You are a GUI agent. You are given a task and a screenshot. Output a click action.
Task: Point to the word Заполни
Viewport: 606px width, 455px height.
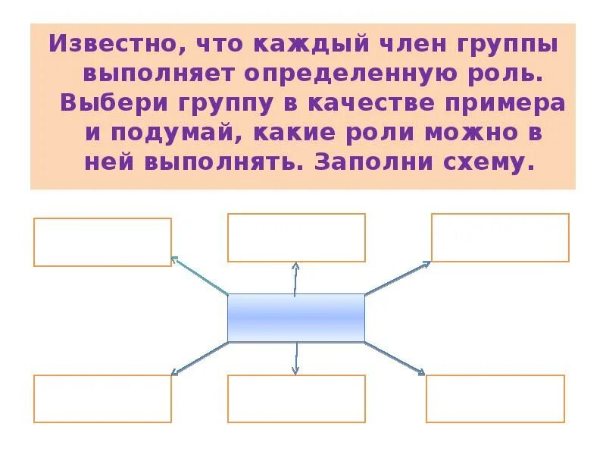tap(364, 162)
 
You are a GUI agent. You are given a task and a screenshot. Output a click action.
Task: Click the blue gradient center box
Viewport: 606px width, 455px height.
tap(296, 318)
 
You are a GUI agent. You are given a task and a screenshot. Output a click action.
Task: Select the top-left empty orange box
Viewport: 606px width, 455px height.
tap(102, 242)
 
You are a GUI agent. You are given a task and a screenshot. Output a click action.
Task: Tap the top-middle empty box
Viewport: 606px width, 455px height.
tap(296, 237)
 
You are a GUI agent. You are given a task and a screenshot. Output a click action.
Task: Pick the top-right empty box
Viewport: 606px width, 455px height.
tap(500, 237)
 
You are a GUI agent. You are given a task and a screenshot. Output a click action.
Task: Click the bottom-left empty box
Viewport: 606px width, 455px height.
tap(102, 398)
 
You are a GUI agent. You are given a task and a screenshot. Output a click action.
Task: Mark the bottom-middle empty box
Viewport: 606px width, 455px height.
tap(296, 398)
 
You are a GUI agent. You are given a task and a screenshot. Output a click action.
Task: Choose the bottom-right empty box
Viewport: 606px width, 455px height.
tap(495, 398)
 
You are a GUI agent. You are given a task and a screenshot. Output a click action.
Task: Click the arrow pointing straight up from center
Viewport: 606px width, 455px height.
tap(295, 278)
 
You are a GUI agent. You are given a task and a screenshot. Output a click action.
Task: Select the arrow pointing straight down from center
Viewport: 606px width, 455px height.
tap(295, 358)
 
